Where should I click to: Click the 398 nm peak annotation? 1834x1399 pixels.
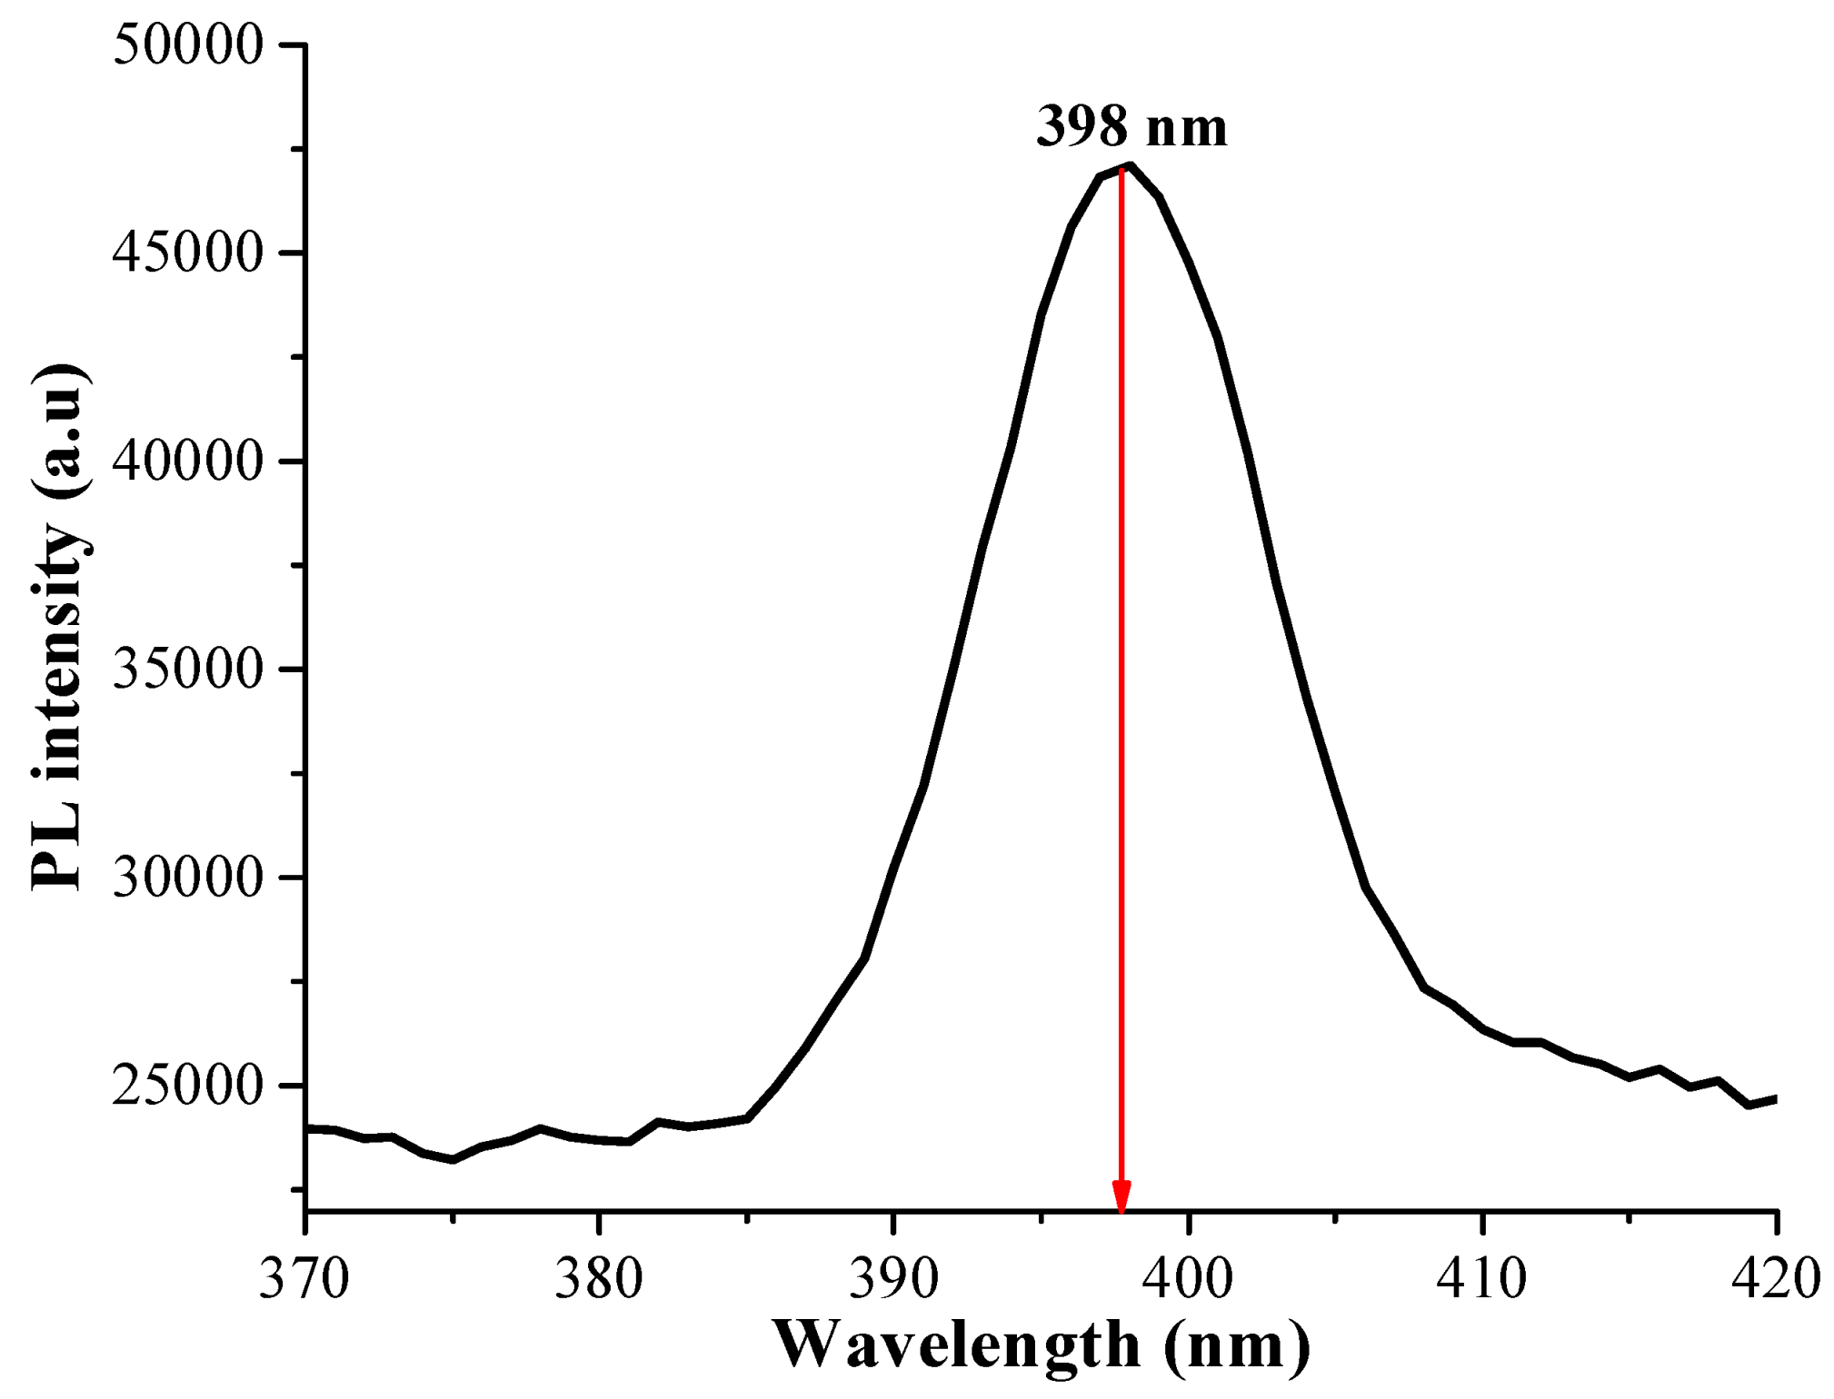point(1131,127)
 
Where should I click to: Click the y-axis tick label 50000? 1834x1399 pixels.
point(187,45)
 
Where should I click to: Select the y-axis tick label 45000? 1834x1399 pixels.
point(187,253)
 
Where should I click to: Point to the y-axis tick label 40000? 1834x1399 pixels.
point(187,461)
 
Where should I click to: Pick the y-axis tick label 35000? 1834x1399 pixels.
point(187,670)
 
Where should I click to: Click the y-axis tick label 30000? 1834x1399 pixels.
point(187,878)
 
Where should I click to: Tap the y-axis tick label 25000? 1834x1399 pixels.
point(187,1086)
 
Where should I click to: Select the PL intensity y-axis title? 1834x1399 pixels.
point(59,627)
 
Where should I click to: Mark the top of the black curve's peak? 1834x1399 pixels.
point(1130,165)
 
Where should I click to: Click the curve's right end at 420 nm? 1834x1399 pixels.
point(1774,1099)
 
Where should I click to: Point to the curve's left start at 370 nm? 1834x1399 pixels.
point(309,1128)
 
